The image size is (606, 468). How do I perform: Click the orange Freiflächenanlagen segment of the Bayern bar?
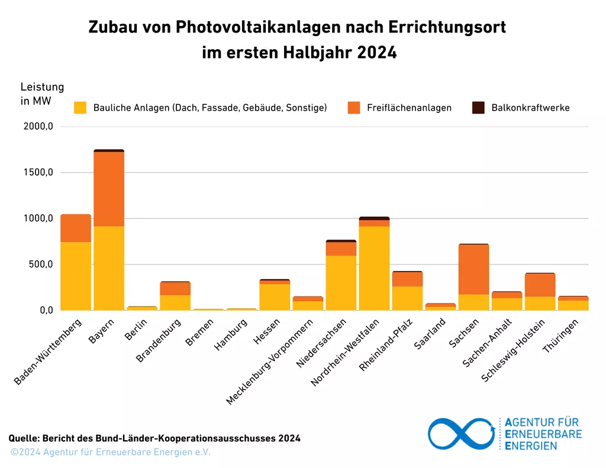click(109, 189)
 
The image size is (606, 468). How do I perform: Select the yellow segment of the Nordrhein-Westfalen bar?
click(374, 268)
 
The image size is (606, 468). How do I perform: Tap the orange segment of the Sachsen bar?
click(473, 269)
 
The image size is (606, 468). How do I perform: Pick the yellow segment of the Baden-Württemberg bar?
click(76, 276)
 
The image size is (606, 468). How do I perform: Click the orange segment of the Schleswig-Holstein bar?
click(540, 285)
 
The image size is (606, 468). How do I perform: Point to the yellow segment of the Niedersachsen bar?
click(341, 283)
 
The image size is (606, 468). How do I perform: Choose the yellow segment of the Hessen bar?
click(275, 297)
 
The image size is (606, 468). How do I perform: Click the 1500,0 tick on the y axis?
click(40, 173)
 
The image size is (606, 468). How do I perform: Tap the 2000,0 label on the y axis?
click(40, 127)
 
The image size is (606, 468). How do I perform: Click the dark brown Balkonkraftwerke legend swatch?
click(478, 108)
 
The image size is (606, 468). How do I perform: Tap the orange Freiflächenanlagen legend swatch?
click(354, 108)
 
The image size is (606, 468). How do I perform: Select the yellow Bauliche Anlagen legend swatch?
click(80, 108)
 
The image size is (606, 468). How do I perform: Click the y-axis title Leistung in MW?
click(41, 94)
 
